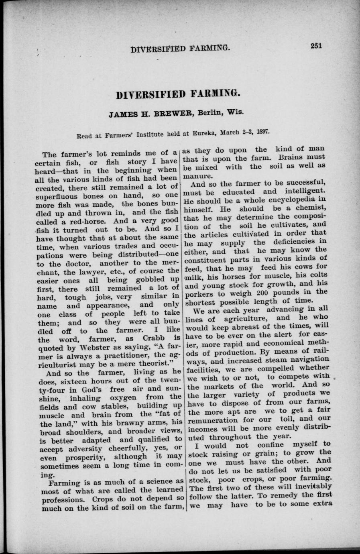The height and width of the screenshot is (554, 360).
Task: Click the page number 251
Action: [x=316, y=46]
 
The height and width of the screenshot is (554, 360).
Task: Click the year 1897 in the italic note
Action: [x=262, y=131]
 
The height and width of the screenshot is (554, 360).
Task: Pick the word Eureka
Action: [x=205, y=132]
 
